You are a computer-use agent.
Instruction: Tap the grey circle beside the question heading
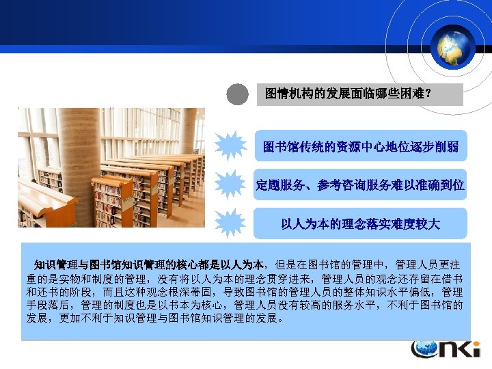(x=237, y=94)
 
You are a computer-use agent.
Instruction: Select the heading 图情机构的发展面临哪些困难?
(x=348, y=94)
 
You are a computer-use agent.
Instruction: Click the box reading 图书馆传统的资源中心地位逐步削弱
(x=360, y=146)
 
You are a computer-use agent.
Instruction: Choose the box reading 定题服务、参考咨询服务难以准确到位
(x=360, y=184)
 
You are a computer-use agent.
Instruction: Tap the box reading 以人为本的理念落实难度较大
(x=360, y=223)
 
